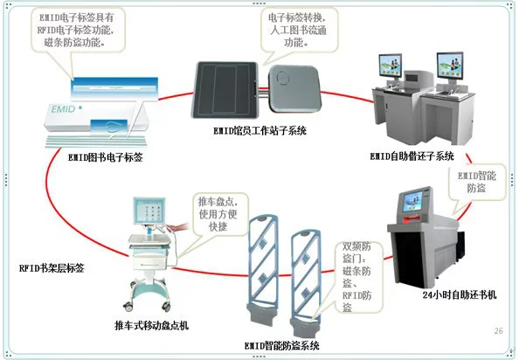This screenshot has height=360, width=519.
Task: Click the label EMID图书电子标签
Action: [105, 157]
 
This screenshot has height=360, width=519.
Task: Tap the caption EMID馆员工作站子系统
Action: [259, 131]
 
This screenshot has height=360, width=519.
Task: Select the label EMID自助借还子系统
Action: [412, 156]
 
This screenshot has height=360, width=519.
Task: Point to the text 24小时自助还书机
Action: [460, 294]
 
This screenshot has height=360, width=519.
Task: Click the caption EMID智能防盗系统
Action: [281, 346]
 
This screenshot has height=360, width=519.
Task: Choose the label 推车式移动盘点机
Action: [151, 326]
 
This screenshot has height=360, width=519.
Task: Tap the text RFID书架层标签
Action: [52, 268]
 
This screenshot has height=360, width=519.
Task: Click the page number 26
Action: [499, 330]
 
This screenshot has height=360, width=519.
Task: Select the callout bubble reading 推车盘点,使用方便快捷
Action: [220, 214]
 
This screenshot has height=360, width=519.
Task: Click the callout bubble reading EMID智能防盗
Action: [477, 183]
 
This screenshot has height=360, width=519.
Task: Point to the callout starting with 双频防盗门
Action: [357, 277]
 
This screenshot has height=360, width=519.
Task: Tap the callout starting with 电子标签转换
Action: [299, 30]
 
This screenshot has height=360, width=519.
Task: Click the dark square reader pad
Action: [225, 90]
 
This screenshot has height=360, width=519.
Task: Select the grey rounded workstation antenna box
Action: [294, 88]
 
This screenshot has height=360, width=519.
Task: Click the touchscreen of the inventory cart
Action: [149, 211]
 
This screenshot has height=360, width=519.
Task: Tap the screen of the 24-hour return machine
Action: [412, 202]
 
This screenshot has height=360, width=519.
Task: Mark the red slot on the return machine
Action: [412, 218]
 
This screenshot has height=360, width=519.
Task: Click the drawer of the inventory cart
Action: [149, 263]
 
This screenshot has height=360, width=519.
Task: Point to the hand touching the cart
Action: [178, 227]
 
